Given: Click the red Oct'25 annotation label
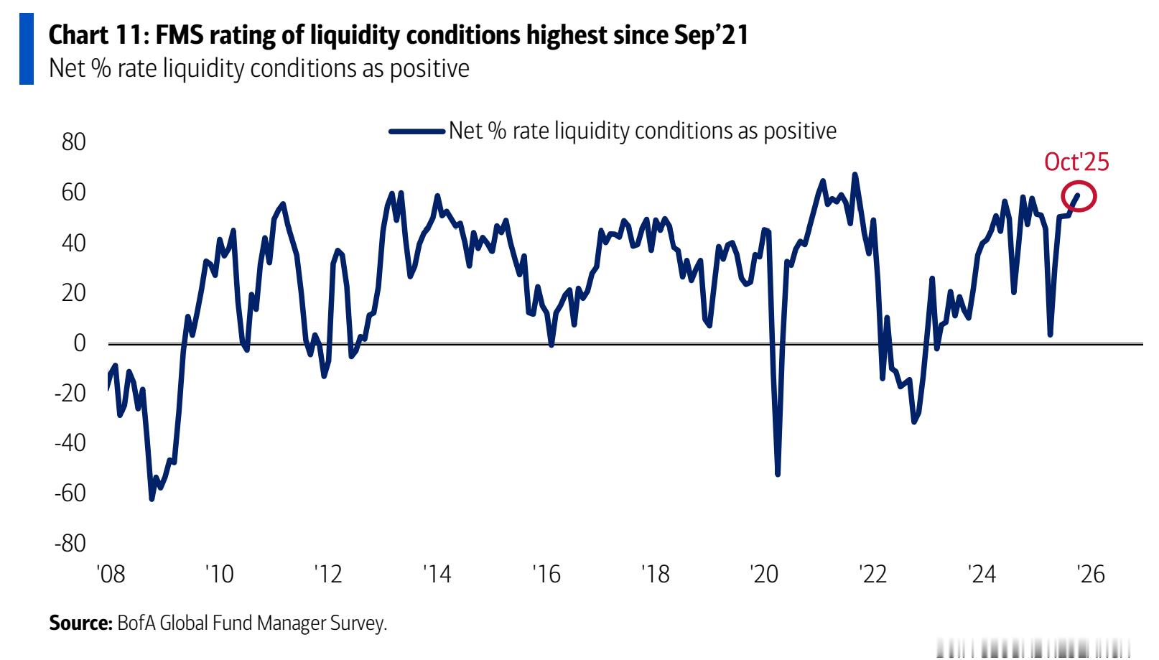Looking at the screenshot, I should [x=1076, y=162].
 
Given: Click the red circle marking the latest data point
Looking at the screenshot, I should [x=1079, y=196].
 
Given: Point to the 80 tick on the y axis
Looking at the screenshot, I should [x=73, y=142].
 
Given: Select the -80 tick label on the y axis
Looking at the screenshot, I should [x=70, y=543].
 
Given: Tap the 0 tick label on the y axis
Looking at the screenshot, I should [x=79, y=343].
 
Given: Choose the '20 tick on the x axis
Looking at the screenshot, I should [x=763, y=574].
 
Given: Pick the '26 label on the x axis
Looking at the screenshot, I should [x=1090, y=574].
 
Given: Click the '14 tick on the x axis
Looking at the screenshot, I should [x=437, y=574].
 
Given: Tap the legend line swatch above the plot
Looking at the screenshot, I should [x=416, y=131].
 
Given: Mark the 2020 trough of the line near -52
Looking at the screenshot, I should [x=778, y=474].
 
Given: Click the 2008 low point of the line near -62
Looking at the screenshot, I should [x=152, y=498].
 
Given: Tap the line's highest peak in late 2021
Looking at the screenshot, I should [x=855, y=175].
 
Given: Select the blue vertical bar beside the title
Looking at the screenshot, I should [x=27, y=49].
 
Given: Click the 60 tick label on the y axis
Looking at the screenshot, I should [x=73, y=192].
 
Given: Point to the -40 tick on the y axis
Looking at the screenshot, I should [x=70, y=443].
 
